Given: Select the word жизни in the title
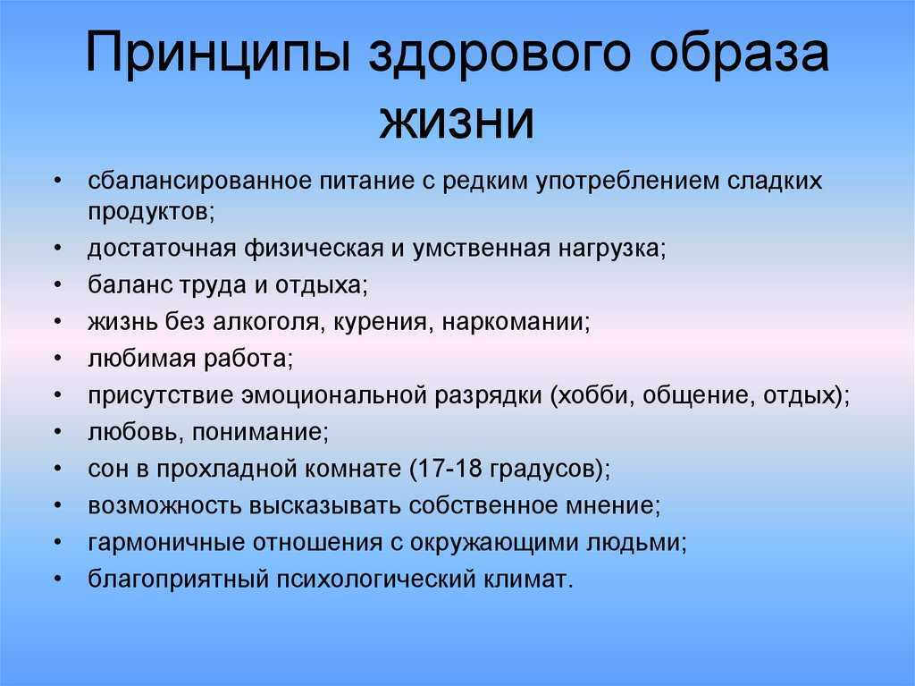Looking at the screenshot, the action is pos(457,122).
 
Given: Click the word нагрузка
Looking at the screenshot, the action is pos(608,250).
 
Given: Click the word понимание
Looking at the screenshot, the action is pos(256,433).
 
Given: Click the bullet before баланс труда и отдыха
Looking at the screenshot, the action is pos(57,285).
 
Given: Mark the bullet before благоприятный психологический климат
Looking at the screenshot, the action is pos(57,579).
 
